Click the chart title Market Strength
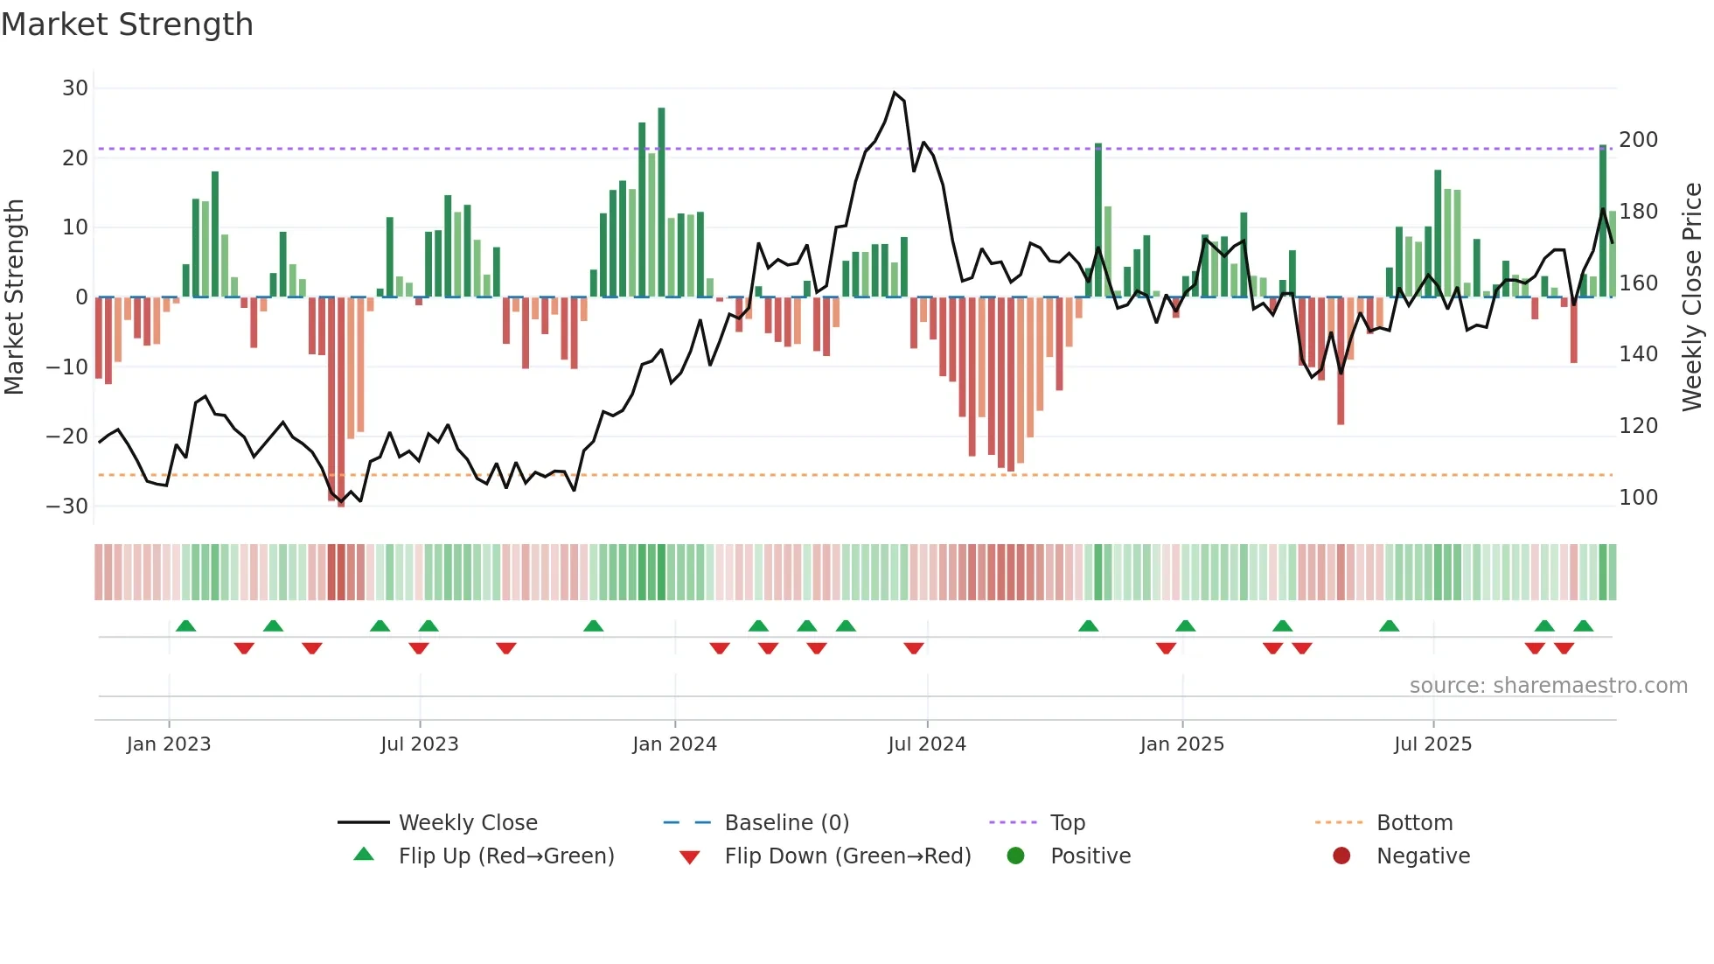click(x=127, y=24)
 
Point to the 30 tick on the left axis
click(x=75, y=88)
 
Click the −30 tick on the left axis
click(x=67, y=506)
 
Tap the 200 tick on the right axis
click(x=1638, y=140)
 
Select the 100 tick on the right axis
click(x=1638, y=498)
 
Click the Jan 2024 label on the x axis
click(x=674, y=744)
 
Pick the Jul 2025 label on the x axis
click(x=1432, y=744)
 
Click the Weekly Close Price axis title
click(x=1692, y=297)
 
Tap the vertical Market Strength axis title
click(x=14, y=297)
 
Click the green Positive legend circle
click(x=1015, y=856)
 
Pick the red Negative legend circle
click(x=1341, y=856)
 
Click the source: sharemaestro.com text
click(x=1548, y=686)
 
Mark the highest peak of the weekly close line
click(x=894, y=93)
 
